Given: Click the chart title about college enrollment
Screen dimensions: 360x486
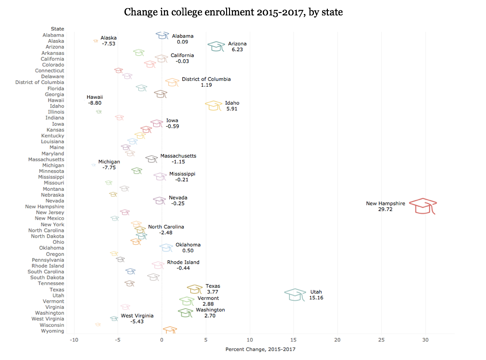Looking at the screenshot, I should click(x=233, y=12).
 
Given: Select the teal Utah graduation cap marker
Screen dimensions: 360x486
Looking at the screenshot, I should click(x=295, y=294).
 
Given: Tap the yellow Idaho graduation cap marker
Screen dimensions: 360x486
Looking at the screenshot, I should click(x=214, y=106).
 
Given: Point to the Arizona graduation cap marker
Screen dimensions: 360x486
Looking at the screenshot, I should click(x=216, y=46).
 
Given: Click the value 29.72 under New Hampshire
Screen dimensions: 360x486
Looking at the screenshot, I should click(x=385, y=210).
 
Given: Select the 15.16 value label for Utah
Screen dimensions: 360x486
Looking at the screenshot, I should click(x=316, y=298).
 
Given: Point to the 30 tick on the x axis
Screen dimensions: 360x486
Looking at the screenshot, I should click(x=425, y=340).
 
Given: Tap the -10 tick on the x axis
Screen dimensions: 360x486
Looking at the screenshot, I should click(x=74, y=340).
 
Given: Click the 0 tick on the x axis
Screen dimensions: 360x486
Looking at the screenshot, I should click(x=162, y=340).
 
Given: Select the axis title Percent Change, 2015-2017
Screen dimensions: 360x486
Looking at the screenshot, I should click(x=260, y=349).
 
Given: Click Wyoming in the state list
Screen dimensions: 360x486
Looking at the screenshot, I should click(x=53, y=331).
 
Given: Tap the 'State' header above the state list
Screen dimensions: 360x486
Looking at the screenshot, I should click(x=57, y=29).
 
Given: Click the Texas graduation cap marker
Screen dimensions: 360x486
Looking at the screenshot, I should click(x=195, y=289).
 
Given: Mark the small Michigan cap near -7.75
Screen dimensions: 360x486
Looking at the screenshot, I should click(x=94, y=165).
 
